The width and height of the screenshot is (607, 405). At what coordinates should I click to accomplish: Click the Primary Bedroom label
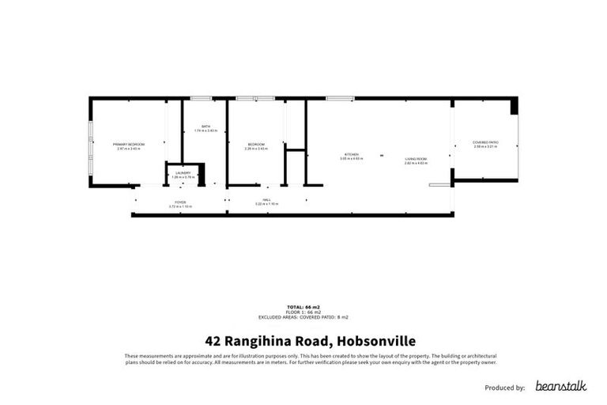point(126,144)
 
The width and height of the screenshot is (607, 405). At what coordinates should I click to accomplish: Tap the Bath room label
point(205,127)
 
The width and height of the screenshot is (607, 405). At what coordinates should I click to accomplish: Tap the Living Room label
point(416,159)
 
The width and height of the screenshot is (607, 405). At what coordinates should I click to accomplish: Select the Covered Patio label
point(485,142)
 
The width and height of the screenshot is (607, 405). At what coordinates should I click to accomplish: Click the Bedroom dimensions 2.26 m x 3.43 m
point(257,148)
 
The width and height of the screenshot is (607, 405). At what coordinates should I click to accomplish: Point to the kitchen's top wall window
point(340,98)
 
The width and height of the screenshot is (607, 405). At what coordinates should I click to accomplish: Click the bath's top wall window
point(201,98)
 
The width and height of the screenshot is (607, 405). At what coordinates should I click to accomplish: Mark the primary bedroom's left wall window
point(90,142)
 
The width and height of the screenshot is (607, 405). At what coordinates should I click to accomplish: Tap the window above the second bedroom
point(254,98)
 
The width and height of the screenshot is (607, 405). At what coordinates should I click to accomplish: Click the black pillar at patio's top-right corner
point(514,105)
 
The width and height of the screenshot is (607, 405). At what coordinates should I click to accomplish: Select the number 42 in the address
point(213,342)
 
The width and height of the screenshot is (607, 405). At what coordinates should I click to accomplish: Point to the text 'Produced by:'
point(503,388)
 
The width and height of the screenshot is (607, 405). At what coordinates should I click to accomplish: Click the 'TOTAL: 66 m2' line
point(303,306)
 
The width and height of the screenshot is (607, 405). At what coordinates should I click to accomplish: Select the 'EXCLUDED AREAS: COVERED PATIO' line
point(303,316)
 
